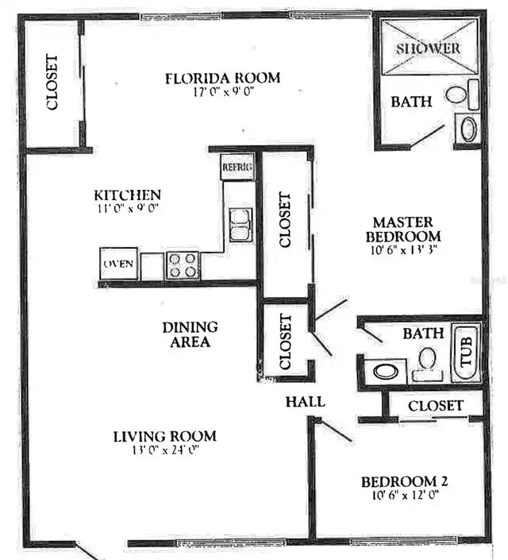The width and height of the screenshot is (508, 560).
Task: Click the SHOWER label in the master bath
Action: click(x=428, y=48)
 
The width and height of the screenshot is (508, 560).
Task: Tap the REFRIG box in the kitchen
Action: click(x=237, y=167)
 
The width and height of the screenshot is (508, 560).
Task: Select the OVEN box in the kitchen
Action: click(x=118, y=264)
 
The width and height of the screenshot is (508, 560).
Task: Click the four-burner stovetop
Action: click(x=183, y=266)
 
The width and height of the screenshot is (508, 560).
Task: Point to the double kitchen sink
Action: click(x=240, y=226)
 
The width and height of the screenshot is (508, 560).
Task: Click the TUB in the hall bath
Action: click(x=466, y=353)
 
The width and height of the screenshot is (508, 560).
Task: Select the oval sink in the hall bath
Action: click(x=386, y=372)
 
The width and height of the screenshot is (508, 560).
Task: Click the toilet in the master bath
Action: click(x=462, y=95)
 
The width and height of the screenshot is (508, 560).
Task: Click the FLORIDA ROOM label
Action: click(x=223, y=78)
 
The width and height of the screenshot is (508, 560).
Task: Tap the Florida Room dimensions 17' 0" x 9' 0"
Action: click(x=224, y=92)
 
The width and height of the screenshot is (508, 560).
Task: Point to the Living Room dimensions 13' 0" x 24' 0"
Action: click(x=165, y=450)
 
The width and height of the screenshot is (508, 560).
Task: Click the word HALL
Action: click(x=306, y=402)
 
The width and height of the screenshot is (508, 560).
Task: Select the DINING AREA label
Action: click(x=190, y=334)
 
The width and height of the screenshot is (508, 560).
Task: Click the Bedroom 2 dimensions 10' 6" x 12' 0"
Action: click(x=405, y=495)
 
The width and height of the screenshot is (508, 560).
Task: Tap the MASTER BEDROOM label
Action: click(x=403, y=230)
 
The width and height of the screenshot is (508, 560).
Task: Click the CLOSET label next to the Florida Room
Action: click(x=52, y=82)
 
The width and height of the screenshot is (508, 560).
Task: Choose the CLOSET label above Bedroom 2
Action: click(x=436, y=406)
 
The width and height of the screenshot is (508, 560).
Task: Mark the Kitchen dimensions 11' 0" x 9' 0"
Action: click(x=128, y=208)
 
